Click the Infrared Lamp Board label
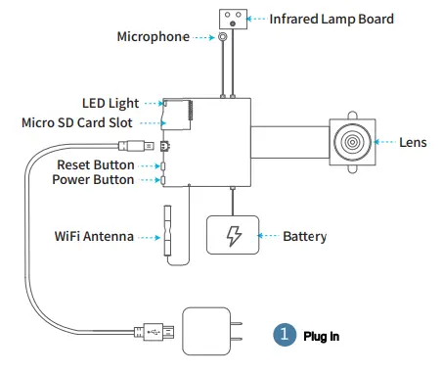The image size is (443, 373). tap(332, 18)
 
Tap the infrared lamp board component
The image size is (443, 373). tap(233, 16)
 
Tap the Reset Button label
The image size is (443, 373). tap(96, 165)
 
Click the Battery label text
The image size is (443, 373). tap(304, 237)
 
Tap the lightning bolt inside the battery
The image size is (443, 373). tap(232, 237)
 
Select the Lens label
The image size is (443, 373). tap(413, 142)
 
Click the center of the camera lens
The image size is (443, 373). tap(350, 142)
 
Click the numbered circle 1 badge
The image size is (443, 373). tap(284, 335)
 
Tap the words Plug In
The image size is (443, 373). tap(321, 336)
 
